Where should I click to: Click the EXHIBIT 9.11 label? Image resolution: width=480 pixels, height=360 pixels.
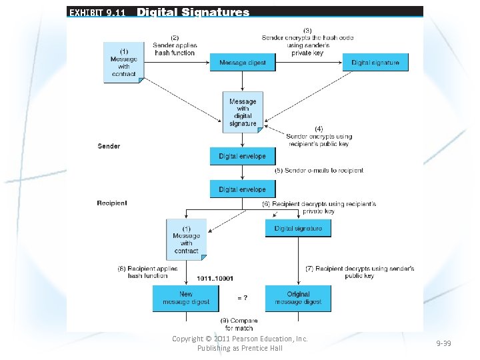pyautogui.click(x=96, y=12)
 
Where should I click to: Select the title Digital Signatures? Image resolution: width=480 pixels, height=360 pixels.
pyautogui.click(x=193, y=12)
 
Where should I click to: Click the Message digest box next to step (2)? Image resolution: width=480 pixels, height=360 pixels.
pyautogui.click(x=243, y=63)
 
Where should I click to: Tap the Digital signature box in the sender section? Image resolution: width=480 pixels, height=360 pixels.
pyautogui.click(x=375, y=63)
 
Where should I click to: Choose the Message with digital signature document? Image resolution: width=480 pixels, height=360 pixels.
pyautogui.click(x=243, y=112)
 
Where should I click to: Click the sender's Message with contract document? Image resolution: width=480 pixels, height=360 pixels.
pyautogui.click(x=123, y=62)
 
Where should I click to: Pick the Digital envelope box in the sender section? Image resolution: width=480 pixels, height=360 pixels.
pyautogui.click(x=242, y=157)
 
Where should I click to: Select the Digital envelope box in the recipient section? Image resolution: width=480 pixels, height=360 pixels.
pyautogui.click(x=242, y=189)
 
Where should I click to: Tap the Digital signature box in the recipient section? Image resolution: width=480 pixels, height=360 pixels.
pyautogui.click(x=298, y=229)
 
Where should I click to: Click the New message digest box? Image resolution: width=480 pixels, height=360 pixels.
pyautogui.click(x=186, y=298)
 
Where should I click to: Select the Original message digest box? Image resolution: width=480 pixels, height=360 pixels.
pyautogui.click(x=298, y=298)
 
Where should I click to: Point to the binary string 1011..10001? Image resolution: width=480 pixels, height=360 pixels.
pyautogui.click(x=215, y=278)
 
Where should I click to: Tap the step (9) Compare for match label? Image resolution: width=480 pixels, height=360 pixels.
pyautogui.click(x=239, y=325)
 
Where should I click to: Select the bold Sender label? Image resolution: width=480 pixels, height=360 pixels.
pyautogui.click(x=109, y=146)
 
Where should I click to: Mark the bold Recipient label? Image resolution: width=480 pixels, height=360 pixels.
pyautogui.click(x=112, y=203)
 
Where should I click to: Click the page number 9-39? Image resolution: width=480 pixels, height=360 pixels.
pyautogui.click(x=443, y=343)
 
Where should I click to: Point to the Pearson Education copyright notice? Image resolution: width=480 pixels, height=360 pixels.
pyautogui.click(x=240, y=343)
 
